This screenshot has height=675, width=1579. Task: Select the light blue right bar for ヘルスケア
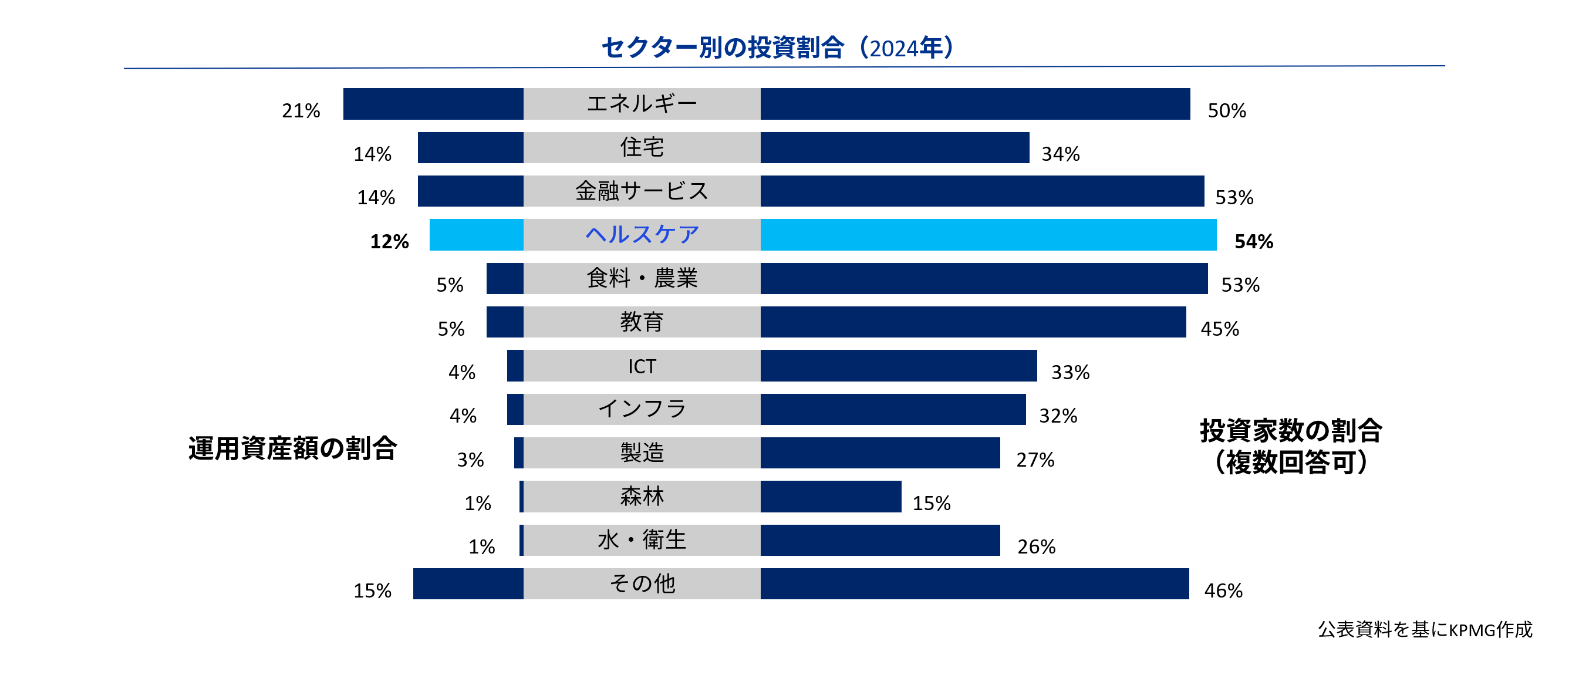point(988,235)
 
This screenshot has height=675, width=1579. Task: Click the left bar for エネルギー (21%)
point(433,104)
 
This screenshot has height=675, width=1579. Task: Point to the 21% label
point(301,110)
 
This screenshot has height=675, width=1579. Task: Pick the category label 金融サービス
point(641,191)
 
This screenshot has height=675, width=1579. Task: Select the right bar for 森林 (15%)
point(831,497)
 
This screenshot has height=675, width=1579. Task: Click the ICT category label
point(641,366)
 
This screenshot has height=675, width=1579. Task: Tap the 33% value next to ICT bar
point(1070,372)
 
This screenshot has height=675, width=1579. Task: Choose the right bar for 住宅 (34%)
point(895,148)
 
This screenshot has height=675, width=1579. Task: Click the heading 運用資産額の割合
point(292,448)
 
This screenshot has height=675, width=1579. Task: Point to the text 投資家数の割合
point(1290,430)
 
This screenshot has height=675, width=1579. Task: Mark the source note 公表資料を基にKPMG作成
point(1425,629)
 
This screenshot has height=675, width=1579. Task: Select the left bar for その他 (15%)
point(468,583)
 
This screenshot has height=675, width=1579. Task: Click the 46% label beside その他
point(1223,590)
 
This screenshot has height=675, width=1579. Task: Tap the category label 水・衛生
point(641,540)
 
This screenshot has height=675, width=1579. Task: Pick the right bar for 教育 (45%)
point(973,322)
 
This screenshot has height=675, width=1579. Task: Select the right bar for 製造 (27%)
point(880,453)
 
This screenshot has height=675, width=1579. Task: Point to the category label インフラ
point(641,409)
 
